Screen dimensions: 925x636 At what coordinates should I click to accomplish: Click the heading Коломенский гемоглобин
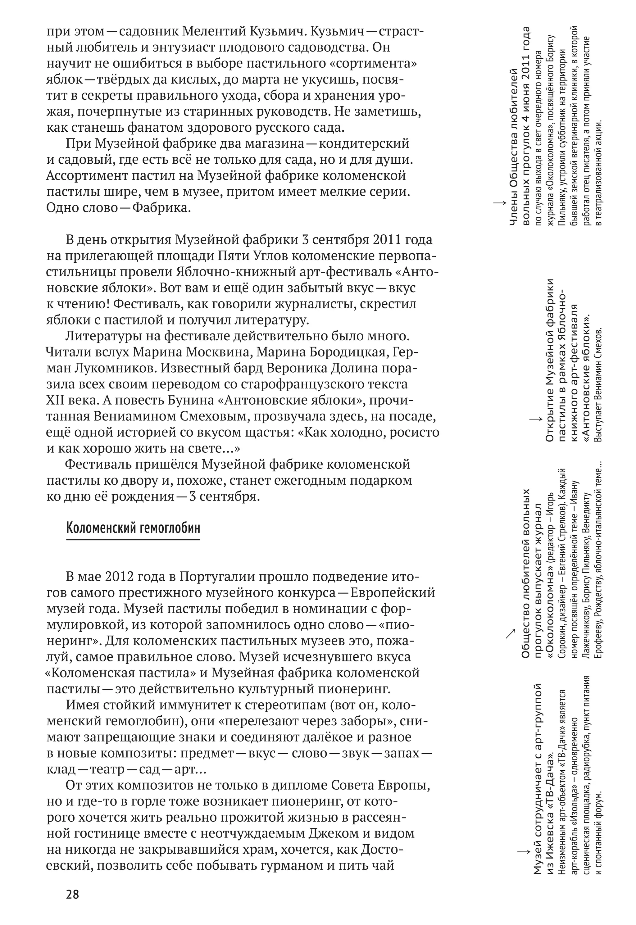click(x=133, y=528)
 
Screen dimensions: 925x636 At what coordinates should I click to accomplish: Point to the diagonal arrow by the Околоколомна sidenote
click(x=510, y=633)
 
